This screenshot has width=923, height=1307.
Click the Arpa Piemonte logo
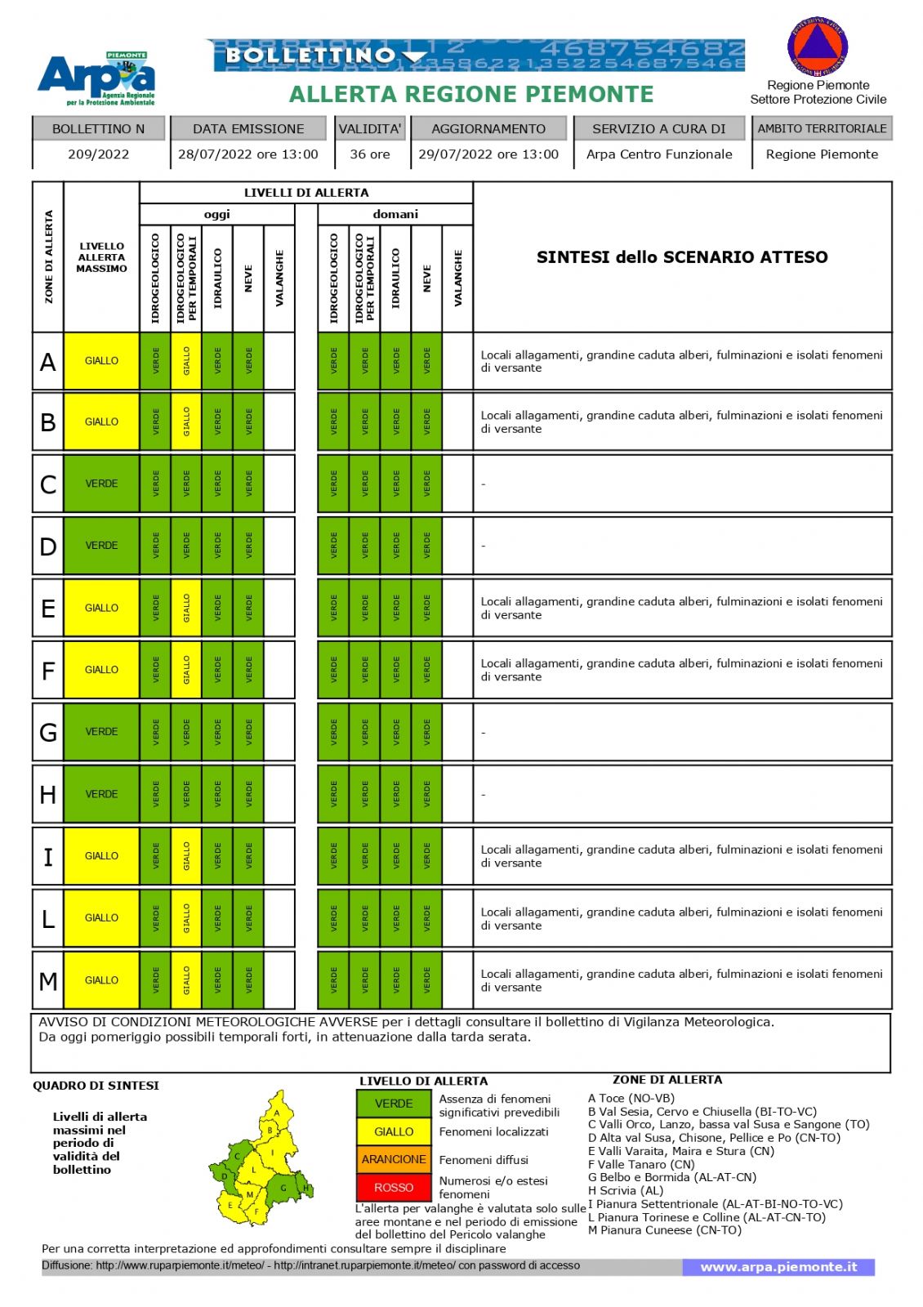tap(96, 78)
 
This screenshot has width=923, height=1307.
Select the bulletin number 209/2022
tap(98, 154)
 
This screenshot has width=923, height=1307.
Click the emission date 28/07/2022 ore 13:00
tap(248, 154)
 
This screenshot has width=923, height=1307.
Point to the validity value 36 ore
tap(370, 154)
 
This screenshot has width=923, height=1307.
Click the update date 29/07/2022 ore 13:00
tap(488, 154)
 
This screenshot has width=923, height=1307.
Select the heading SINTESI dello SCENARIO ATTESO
tap(682, 257)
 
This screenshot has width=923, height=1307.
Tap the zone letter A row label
tap(48, 362)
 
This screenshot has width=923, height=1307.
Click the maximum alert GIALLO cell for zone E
tap(101, 608)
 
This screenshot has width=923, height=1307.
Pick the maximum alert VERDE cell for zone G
tap(101, 732)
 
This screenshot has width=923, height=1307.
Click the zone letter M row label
tap(48, 980)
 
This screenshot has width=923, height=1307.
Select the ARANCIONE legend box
tap(394, 1159)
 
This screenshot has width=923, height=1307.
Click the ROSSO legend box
tap(394, 1188)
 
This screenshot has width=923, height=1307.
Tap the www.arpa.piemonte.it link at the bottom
tap(778, 1267)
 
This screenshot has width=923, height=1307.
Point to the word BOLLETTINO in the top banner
tap(311, 56)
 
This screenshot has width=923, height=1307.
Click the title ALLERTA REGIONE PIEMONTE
tap(471, 95)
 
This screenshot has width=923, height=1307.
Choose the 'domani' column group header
tap(395, 214)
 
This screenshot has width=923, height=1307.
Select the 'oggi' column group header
tap(217, 214)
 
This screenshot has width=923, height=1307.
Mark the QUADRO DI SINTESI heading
tap(96, 1086)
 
